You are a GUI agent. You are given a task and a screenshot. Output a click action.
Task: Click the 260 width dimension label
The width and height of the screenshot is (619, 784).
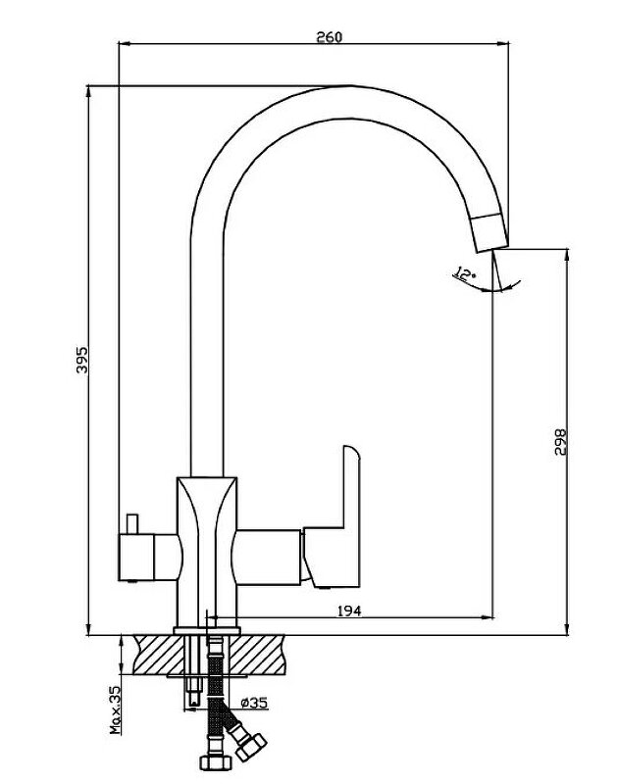tap(330, 37)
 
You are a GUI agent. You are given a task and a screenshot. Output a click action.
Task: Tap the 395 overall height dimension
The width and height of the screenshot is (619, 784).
tap(81, 360)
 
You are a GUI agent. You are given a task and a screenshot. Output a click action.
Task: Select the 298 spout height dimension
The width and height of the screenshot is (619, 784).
tap(560, 442)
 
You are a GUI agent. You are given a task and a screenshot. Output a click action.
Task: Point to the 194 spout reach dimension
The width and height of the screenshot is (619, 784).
tap(349, 611)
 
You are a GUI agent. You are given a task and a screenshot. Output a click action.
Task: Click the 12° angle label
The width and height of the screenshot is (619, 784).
tap(464, 274)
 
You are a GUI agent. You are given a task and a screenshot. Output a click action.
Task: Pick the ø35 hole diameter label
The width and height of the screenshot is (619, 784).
tap(254, 703)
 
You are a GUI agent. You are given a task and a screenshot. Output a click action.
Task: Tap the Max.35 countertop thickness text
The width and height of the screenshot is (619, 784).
tap(116, 710)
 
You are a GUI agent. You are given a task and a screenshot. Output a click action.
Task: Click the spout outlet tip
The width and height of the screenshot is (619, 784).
tap(491, 249)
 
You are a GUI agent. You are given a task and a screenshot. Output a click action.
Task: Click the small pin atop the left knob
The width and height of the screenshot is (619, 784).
tap(132, 523)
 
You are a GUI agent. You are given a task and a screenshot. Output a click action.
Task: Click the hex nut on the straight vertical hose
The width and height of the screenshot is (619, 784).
tap(215, 762)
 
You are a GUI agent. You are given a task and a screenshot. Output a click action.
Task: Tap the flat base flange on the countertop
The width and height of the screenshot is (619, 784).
tap(207, 631)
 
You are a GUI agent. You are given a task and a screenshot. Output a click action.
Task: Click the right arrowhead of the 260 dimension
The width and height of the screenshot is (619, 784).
tap(502, 44)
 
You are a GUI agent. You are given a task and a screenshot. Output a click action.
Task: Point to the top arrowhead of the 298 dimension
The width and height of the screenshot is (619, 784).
tap(566, 255)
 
